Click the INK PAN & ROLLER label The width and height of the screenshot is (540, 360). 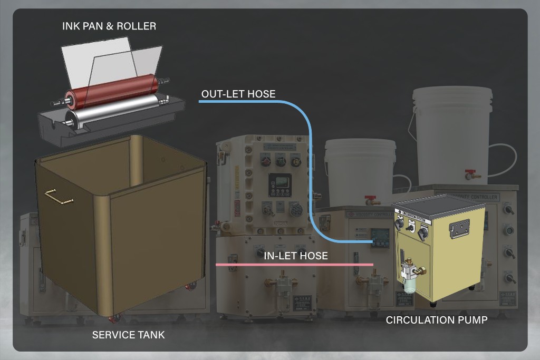[x=109, y=26]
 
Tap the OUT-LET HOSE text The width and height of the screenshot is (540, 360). [x=238, y=94]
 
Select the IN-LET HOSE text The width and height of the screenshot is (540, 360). [x=296, y=256]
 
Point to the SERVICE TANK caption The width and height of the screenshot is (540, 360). [x=128, y=335]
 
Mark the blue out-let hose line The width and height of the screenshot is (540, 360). [x=310, y=158]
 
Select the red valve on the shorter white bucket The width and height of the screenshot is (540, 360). [x=371, y=200]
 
